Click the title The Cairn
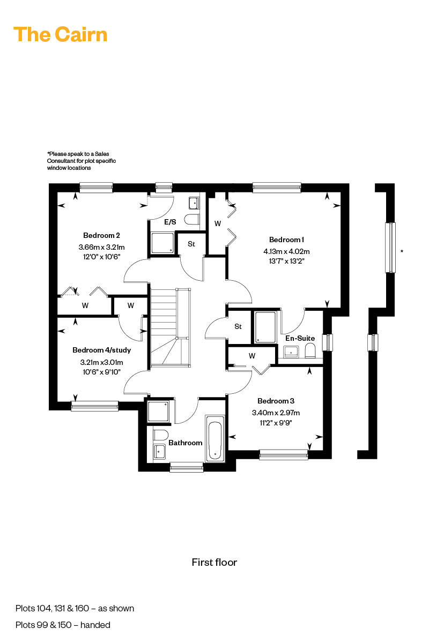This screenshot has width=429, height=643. [61, 34]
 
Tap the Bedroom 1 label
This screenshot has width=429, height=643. [286, 240]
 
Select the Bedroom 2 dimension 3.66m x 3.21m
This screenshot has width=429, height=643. [101, 247]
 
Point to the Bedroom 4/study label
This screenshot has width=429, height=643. [101, 350]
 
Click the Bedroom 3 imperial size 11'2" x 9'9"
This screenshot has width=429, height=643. [276, 423]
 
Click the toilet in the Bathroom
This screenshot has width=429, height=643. [160, 435]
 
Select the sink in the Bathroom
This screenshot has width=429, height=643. [159, 452]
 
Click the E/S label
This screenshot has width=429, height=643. [170, 222]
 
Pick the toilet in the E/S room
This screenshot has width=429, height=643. [192, 220]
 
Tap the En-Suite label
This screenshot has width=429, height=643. [300, 338]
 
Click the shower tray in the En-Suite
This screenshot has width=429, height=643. [265, 327]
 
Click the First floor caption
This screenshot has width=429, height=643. [214, 562]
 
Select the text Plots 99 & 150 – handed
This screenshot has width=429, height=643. [63, 625]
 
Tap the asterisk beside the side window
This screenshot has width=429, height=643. [402, 251]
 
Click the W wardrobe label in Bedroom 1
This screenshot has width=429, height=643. [218, 223]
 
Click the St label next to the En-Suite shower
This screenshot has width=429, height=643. [238, 326]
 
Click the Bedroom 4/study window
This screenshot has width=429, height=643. [94, 406]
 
